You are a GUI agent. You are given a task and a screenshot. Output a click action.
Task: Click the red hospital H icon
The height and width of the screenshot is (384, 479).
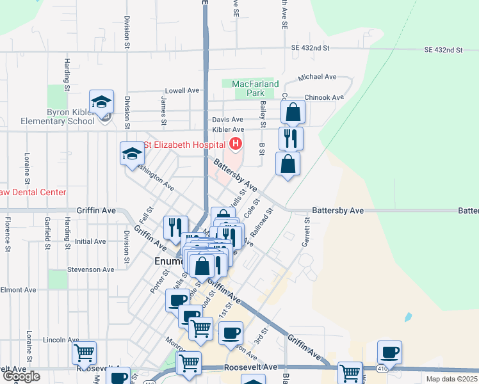click(236, 144)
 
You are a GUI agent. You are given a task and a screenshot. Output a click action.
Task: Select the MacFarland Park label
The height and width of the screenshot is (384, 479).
click(255, 88)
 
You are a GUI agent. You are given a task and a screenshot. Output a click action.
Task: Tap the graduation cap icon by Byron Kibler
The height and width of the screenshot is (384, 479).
click(101, 102)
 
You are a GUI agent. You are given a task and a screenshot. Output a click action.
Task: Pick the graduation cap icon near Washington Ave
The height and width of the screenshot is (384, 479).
click(132, 154)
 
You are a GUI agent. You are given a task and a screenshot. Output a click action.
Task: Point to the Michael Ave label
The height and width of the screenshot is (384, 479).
click(317, 77)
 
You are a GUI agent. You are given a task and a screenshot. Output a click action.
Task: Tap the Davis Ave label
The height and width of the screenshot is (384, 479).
click(227, 120)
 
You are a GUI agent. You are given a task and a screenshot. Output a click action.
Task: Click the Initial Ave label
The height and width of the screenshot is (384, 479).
click(90, 241)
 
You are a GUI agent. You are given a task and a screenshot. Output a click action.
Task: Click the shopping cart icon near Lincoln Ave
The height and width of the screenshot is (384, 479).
click(84, 352)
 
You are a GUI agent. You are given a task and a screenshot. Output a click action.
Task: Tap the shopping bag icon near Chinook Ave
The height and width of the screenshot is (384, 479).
click(293, 113)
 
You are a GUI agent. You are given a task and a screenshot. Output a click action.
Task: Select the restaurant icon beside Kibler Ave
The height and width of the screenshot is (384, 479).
click(291, 138)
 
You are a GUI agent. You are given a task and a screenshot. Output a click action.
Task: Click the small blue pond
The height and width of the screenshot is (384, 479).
click(408, 317)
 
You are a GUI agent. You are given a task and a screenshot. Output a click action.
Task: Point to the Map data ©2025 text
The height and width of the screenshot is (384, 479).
click(451, 379)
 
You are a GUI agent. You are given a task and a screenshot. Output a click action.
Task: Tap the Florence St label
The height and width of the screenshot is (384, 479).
click(8, 233)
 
